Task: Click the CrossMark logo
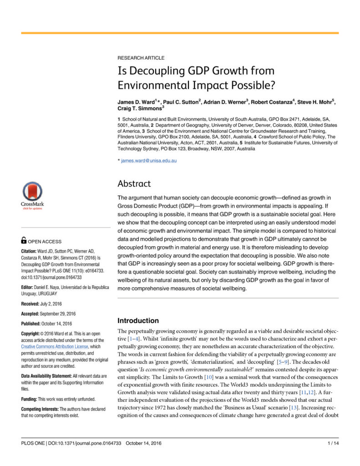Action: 32,194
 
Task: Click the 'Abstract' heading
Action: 134,184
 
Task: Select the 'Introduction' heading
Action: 138,320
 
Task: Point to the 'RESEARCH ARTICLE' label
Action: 141,58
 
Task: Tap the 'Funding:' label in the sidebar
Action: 31,399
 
